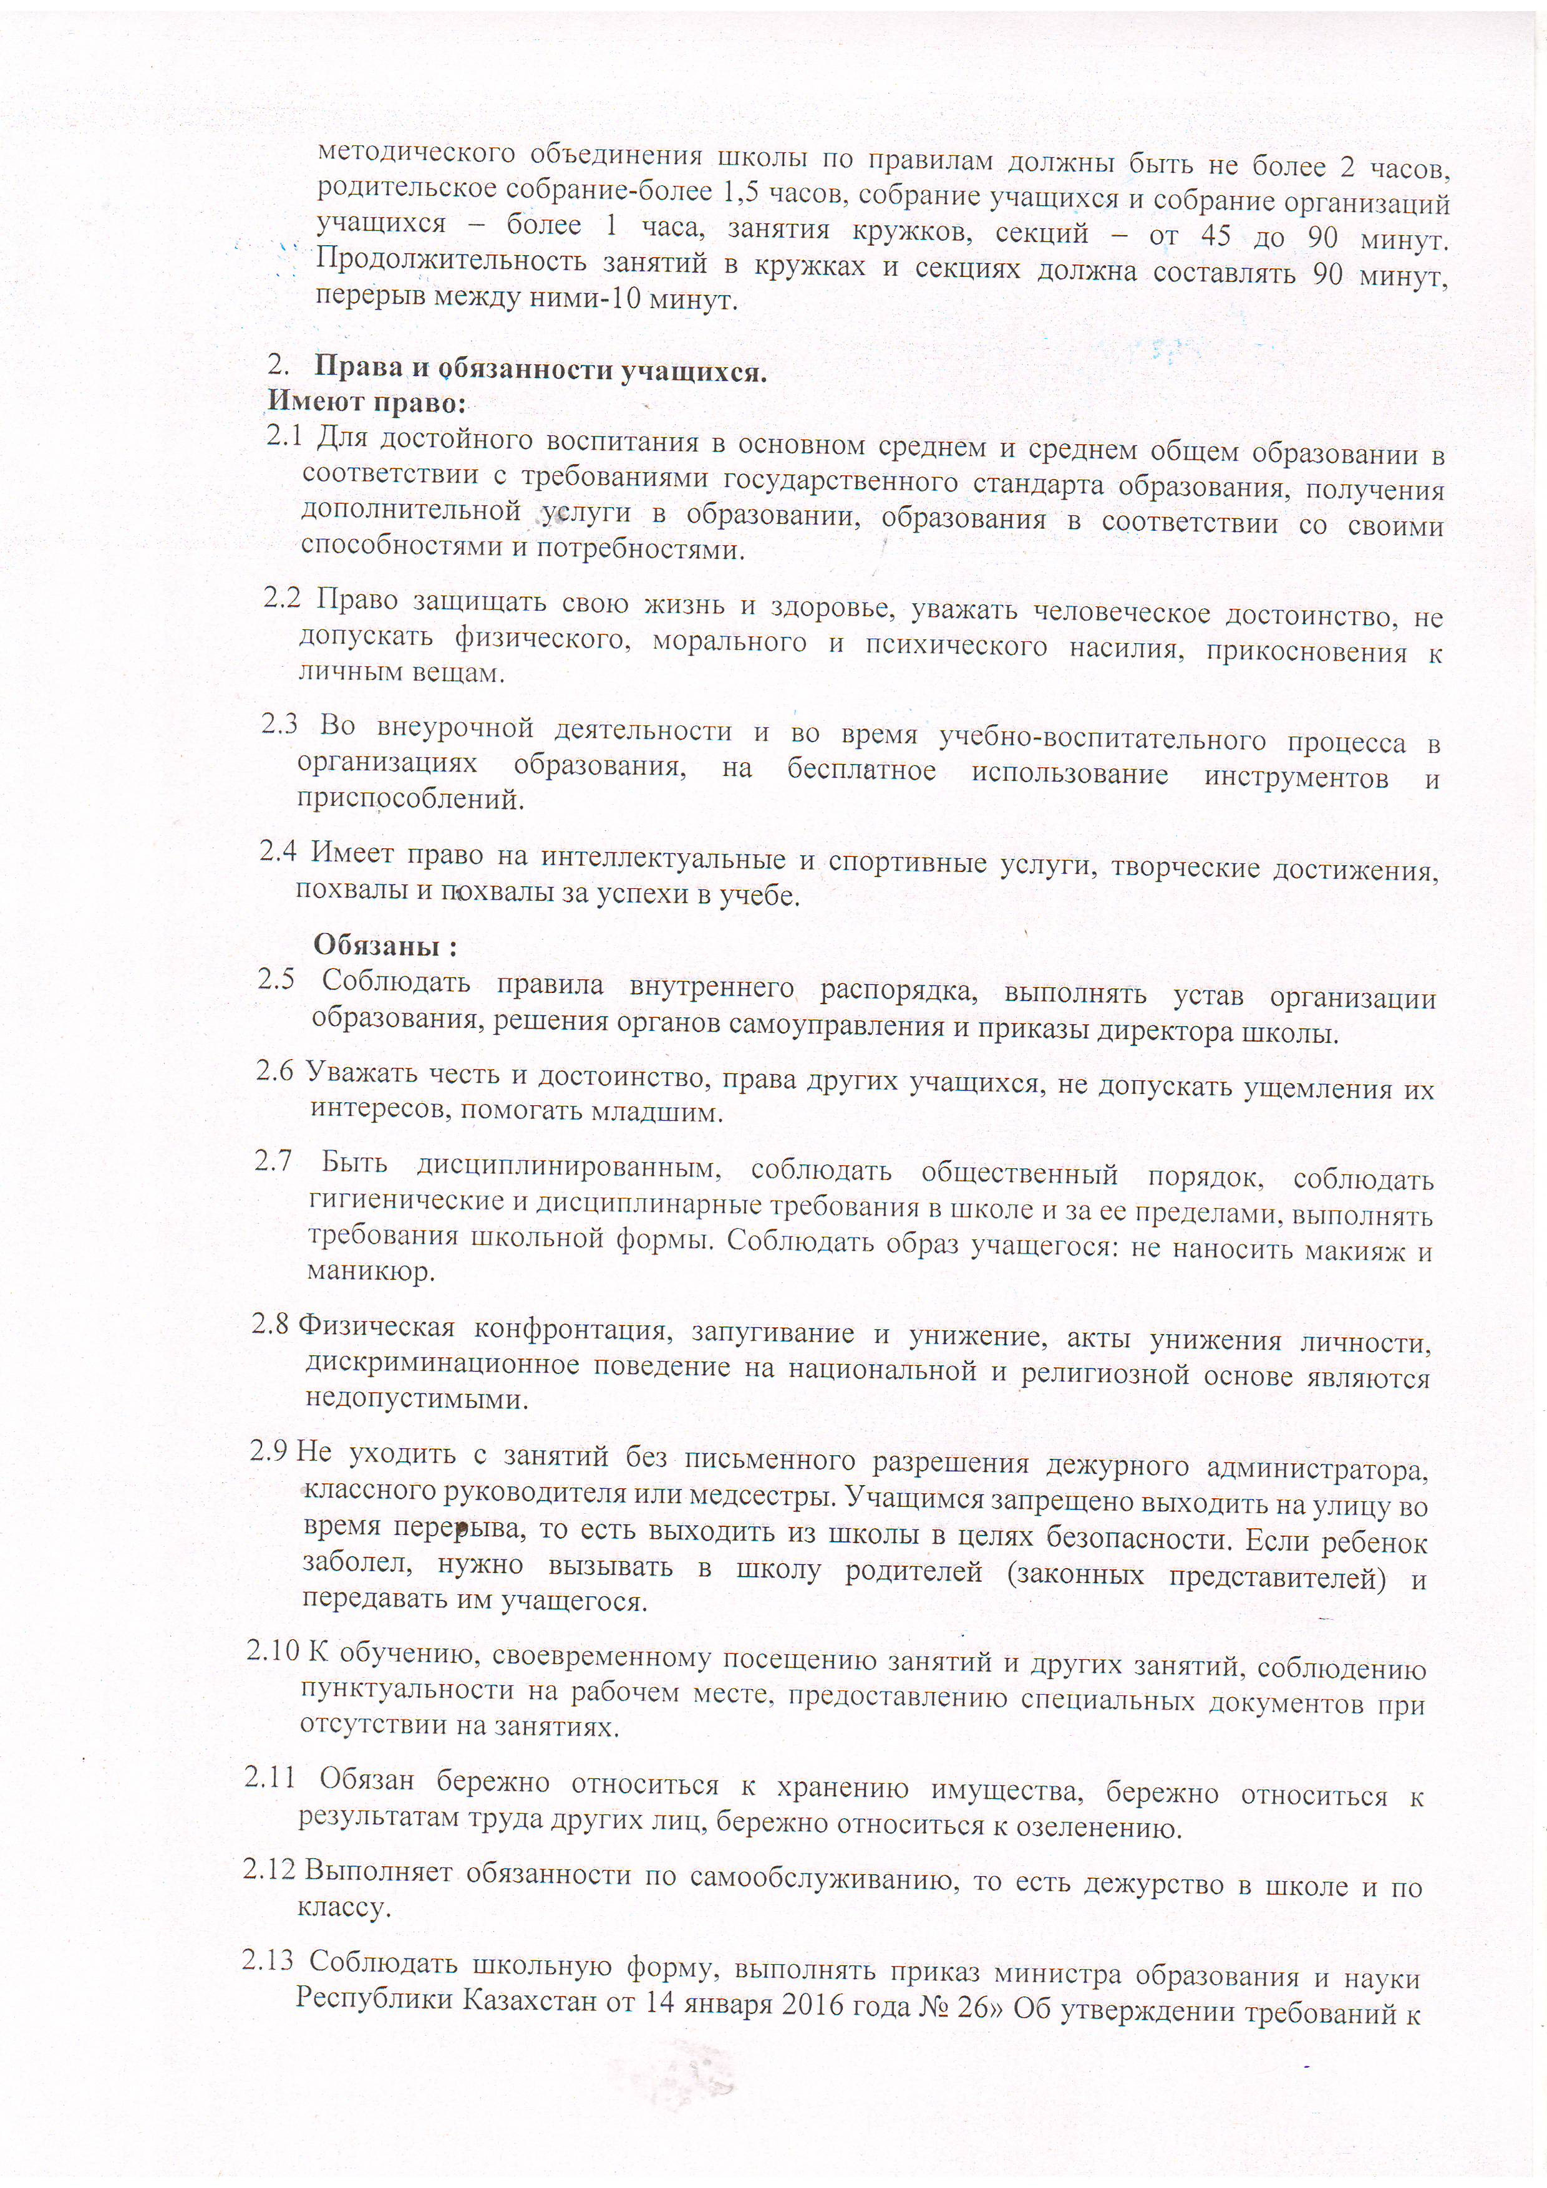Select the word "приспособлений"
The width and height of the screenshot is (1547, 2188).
[411, 798]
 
